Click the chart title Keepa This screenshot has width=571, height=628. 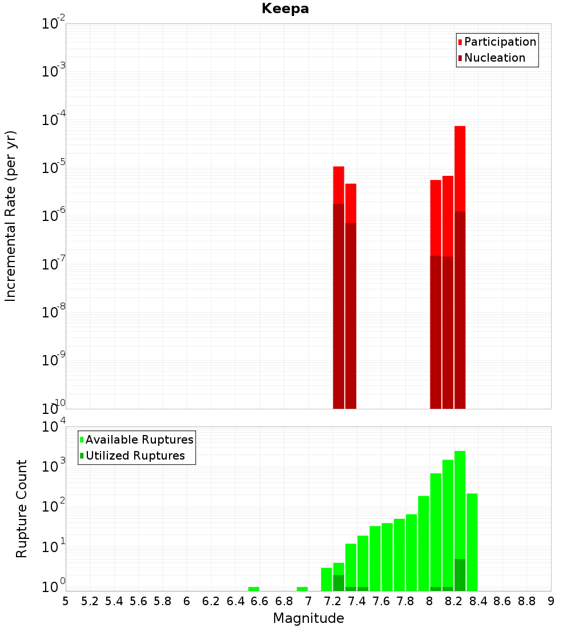click(285, 9)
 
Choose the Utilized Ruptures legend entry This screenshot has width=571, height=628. click(135, 456)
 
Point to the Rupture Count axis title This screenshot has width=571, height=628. click(22, 508)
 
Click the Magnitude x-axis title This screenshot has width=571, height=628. click(308, 618)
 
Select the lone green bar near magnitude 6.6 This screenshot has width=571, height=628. click(254, 589)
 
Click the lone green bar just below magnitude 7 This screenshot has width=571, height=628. click(302, 589)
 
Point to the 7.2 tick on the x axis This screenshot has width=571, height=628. click(332, 601)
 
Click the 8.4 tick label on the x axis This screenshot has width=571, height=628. click(478, 601)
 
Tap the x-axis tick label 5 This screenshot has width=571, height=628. click(66, 601)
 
